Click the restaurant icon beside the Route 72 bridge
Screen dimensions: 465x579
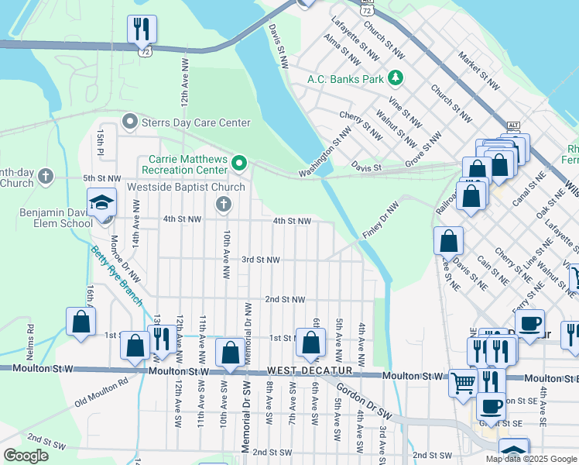pyautogui.click(x=142, y=30)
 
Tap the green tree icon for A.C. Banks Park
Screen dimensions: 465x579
pyautogui.click(x=396, y=77)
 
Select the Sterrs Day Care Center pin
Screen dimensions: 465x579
pyautogui.click(x=129, y=122)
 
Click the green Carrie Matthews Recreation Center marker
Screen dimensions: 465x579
pyautogui.click(x=239, y=163)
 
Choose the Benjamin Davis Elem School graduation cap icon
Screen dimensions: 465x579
pyautogui.click(x=101, y=203)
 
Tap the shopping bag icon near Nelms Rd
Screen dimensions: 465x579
pyautogui.click(x=81, y=322)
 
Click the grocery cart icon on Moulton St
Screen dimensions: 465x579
pyautogui.click(x=462, y=381)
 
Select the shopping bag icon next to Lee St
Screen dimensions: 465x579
pyautogui.click(x=448, y=241)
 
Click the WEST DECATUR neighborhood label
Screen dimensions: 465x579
pyautogui.click(x=310, y=371)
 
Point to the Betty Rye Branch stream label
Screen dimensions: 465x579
pyautogui.click(x=116, y=275)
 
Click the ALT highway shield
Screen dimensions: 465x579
pyautogui.click(x=512, y=126)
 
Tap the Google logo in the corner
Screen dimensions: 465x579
pyautogui.click(x=26, y=456)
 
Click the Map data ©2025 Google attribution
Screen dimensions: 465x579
pyautogui.click(x=531, y=459)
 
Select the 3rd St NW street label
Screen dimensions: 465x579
pyautogui.click(x=260, y=260)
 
